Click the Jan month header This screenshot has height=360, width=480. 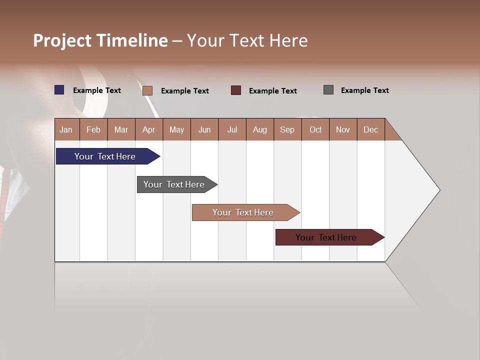[x=66, y=129]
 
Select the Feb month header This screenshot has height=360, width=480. [x=93, y=129]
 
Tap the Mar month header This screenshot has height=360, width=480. [x=121, y=129]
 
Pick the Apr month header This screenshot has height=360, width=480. [x=149, y=129]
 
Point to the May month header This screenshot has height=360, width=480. [x=176, y=129]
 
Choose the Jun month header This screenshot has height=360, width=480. [x=204, y=129]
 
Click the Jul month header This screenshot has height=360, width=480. [x=232, y=129]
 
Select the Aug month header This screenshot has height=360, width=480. [x=260, y=129]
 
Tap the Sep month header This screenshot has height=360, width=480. [x=287, y=129]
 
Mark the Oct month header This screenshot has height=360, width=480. [x=315, y=129]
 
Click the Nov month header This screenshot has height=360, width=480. [x=343, y=129]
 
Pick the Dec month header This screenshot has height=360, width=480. [x=370, y=129]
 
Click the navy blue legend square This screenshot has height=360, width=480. [x=59, y=90]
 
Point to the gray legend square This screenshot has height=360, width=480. [x=328, y=90]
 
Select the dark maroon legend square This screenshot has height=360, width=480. [x=236, y=90]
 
